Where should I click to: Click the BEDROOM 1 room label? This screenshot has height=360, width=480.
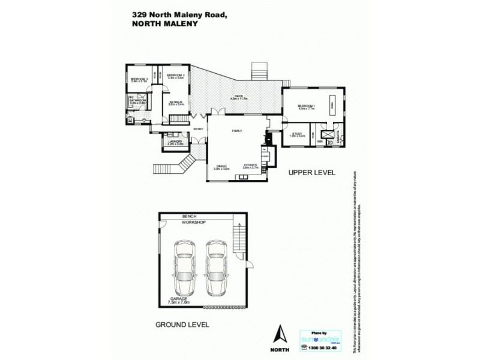[x=306, y=107]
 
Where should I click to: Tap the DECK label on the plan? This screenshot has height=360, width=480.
[x=238, y=97]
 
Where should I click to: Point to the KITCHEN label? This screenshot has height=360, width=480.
[x=250, y=166]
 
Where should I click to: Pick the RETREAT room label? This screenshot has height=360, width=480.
[x=176, y=103]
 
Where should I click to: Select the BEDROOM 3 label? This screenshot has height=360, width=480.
[x=139, y=79]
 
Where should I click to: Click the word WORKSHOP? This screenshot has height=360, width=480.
[x=194, y=223]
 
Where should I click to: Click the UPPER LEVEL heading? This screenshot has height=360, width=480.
[x=311, y=173]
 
